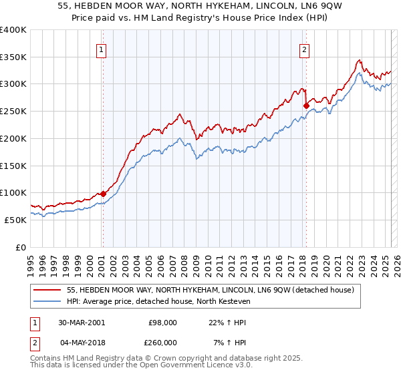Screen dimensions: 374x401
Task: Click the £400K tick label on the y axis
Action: pyautogui.click(x=13, y=30)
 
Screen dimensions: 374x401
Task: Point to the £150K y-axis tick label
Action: pyautogui.click(x=13, y=165)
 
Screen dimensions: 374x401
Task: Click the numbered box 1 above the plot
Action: pyautogui.click(x=101, y=49)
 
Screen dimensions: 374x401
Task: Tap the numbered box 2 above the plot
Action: pyautogui.click(x=304, y=49)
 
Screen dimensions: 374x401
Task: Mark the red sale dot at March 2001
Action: pyautogui.click(x=103, y=194)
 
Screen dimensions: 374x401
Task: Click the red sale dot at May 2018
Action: pyautogui.click(x=306, y=106)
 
